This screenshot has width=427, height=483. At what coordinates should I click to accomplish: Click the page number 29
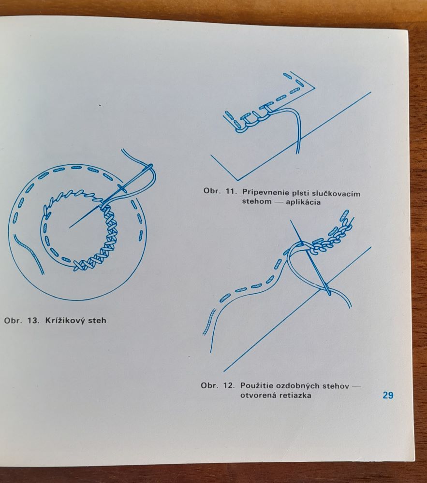[388, 395]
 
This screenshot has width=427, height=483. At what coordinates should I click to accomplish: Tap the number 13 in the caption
[33, 320]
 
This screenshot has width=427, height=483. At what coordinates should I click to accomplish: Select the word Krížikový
[65, 320]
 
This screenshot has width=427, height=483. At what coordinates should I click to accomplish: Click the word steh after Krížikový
[97, 320]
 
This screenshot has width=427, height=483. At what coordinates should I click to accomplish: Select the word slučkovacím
[336, 194]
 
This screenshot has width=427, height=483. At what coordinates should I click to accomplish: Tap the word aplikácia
[303, 202]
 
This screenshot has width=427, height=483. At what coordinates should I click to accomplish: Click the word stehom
[256, 201]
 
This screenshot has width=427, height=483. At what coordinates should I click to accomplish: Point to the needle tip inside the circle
[70, 227]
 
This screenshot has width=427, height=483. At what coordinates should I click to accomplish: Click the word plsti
[300, 193]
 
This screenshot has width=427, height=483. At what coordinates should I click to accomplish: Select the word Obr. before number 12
[210, 385]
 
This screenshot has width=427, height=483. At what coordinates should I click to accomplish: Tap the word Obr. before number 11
[212, 191]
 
